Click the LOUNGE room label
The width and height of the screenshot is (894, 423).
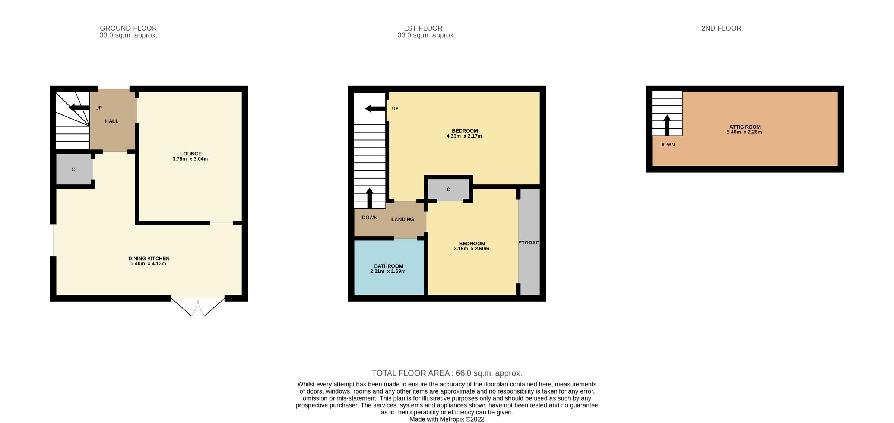191,154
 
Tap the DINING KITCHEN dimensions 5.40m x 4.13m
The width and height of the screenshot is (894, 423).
148,263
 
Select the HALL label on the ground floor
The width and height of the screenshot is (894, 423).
111,121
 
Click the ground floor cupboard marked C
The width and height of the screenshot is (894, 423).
73,170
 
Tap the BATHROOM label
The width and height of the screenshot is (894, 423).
389,266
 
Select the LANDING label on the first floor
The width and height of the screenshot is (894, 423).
402,219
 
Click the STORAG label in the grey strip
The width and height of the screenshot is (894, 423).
529,243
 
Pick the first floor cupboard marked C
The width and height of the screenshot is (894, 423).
448,190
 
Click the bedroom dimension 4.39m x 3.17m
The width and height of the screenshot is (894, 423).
464,136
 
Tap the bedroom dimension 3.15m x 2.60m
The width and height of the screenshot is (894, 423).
471,249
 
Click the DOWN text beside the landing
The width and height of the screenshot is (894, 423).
370,217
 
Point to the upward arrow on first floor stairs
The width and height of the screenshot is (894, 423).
370,198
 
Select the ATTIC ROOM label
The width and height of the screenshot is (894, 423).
745,127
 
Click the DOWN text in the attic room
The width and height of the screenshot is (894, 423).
667,145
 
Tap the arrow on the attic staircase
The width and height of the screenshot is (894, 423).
667,125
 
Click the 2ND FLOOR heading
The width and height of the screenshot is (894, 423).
721,28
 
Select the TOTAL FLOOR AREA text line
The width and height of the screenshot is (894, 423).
447,373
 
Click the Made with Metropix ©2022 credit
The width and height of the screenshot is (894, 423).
447,419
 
